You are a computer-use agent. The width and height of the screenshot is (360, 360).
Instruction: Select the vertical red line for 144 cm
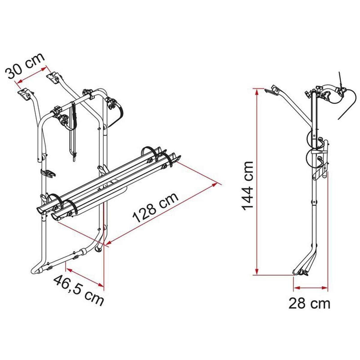[256, 180]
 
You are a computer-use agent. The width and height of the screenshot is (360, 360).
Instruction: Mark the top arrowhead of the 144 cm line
[256, 90]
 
